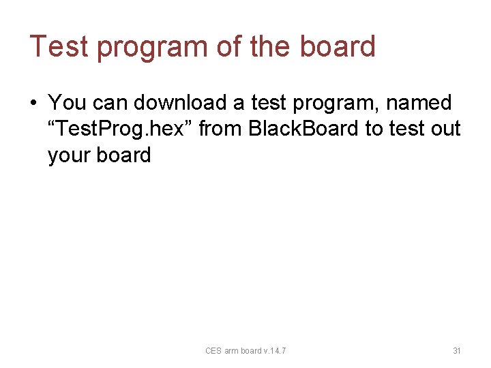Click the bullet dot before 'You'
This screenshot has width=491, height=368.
[x=33, y=104]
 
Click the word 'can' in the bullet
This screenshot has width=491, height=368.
[x=110, y=103]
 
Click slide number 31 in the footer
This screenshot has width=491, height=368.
[x=457, y=351]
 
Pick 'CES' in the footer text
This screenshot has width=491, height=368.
[x=213, y=351]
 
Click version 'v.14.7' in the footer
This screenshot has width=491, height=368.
[x=276, y=351]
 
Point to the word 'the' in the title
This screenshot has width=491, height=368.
[x=271, y=46]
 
